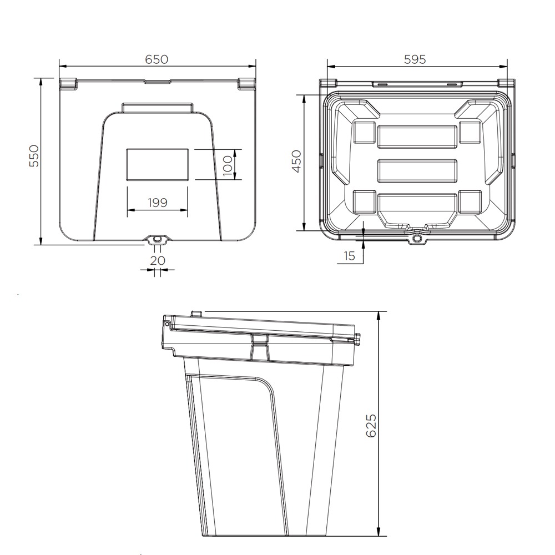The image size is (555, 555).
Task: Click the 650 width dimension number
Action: click(x=157, y=59)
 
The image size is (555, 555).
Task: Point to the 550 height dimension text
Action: click(x=34, y=157)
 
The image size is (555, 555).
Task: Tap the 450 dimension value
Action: click(x=296, y=162)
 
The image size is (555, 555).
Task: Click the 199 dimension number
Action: click(x=158, y=203)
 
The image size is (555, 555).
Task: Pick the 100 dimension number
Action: click(x=228, y=165)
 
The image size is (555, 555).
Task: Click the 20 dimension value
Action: click(x=158, y=260)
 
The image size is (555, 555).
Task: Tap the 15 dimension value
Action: click(x=349, y=256)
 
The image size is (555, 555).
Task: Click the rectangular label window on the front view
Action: click(x=158, y=164)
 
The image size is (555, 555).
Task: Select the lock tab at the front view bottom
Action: click(x=158, y=239)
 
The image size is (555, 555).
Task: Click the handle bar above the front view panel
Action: click(x=158, y=107)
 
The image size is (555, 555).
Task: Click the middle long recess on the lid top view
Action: click(x=417, y=171)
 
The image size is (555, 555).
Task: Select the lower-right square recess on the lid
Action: click(x=470, y=202)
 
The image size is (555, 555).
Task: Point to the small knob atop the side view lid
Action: click(x=195, y=314)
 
